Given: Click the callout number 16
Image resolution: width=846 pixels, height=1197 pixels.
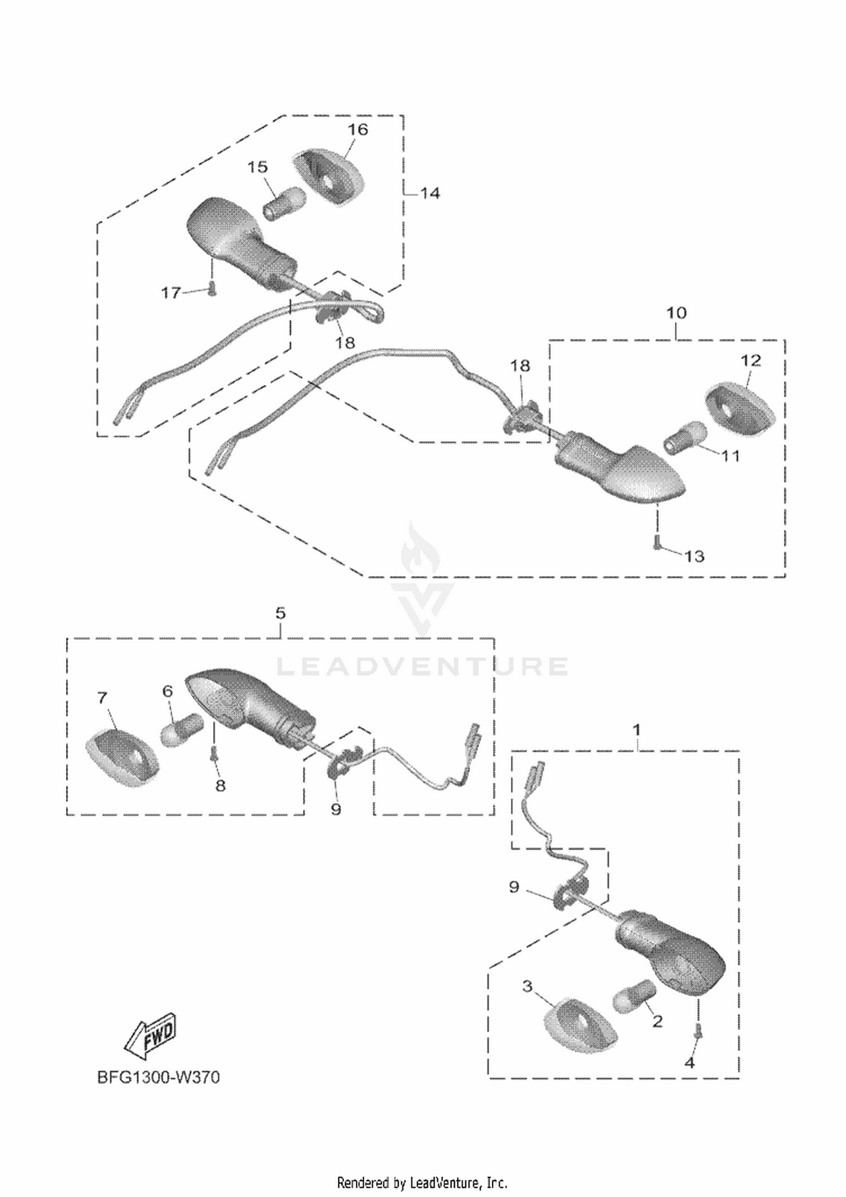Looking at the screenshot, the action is click(x=358, y=129).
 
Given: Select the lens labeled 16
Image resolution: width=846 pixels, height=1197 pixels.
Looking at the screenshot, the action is click(x=331, y=176).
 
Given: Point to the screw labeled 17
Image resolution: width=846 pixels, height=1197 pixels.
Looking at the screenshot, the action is click(x=211, y=288).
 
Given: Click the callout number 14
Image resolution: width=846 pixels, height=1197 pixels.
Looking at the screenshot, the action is click(x=430, y=193).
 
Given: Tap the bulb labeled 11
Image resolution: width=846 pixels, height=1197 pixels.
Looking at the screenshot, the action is click(x=685, y=438).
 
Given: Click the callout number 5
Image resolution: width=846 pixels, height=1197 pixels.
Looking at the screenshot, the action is click(x=281, y=613).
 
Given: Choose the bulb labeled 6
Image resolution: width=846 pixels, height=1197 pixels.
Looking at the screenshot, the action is click(x=182, y=730).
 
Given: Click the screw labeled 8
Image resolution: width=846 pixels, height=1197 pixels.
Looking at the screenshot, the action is click(x=214, y=752).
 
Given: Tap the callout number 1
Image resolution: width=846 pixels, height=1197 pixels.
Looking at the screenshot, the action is click(x=636, y=730).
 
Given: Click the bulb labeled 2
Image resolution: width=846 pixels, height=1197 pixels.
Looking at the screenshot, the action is click(x=634, y=997).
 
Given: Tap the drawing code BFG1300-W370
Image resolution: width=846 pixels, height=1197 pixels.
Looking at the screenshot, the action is click(x=158, y=1077).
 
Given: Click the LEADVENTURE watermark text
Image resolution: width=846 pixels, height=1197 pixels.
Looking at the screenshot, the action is click(x=422, y=666).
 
